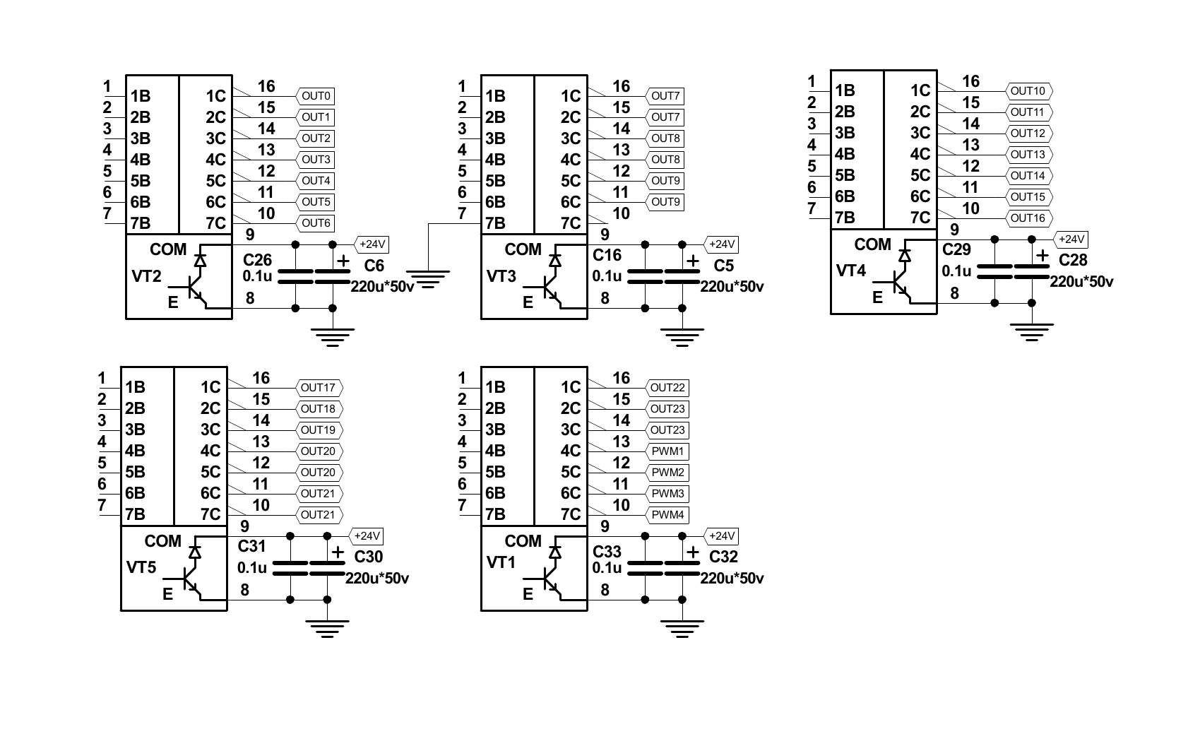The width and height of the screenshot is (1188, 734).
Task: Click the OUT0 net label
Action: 316,96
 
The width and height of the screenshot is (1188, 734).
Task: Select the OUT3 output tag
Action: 316,160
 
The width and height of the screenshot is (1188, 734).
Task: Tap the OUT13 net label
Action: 1028,155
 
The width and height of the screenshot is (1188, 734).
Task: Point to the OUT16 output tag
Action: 1028,218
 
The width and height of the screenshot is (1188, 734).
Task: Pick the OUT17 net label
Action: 318,388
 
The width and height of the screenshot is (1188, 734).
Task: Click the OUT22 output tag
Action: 667,388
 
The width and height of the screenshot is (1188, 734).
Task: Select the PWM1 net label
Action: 667,451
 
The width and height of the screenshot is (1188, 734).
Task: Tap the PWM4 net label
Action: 667,515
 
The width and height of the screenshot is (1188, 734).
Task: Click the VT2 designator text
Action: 147,276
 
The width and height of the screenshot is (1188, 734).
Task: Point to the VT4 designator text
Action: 851,271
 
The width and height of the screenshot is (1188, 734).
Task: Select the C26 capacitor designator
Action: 257,260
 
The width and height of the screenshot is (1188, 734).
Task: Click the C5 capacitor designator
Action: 724,266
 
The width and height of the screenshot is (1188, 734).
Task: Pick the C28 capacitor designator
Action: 1073,260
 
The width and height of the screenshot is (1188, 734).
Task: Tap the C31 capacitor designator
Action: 252,546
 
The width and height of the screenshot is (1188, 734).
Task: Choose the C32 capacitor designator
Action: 723,557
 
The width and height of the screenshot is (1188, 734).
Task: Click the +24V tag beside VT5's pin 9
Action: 367,536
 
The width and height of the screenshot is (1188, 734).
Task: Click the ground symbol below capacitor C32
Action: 682,628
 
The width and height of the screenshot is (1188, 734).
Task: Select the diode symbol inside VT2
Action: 201,260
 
